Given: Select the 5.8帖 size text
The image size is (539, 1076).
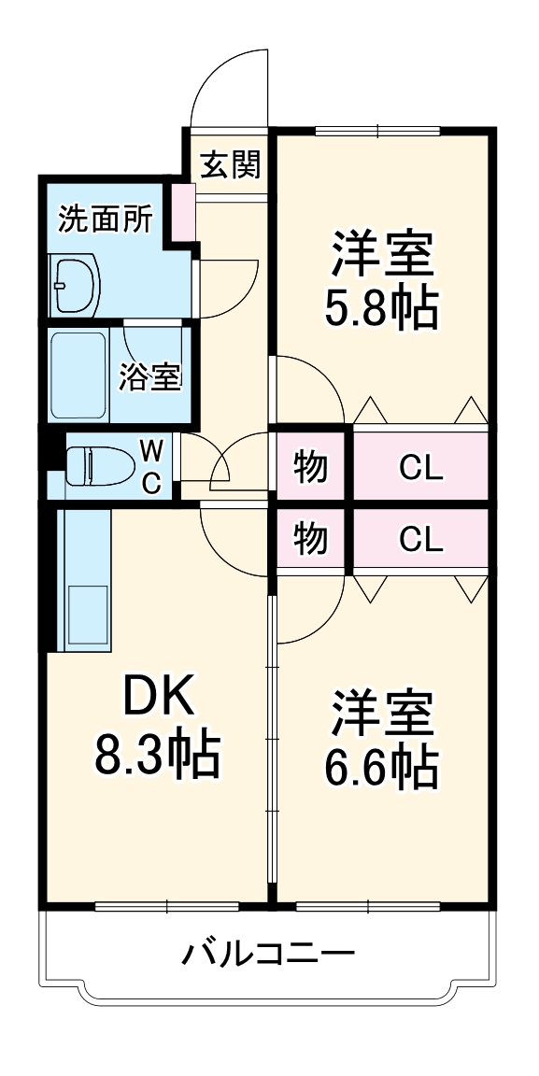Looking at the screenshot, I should (380, 307).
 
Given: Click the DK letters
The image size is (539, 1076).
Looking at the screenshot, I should (157, 697).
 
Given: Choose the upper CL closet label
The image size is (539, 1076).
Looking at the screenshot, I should (420, 466).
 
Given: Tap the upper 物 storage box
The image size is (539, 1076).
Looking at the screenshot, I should (310, 466).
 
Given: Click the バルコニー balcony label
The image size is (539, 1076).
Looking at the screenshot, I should (268, 955).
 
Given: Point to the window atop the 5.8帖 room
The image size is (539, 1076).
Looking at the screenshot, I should (378, 131).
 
